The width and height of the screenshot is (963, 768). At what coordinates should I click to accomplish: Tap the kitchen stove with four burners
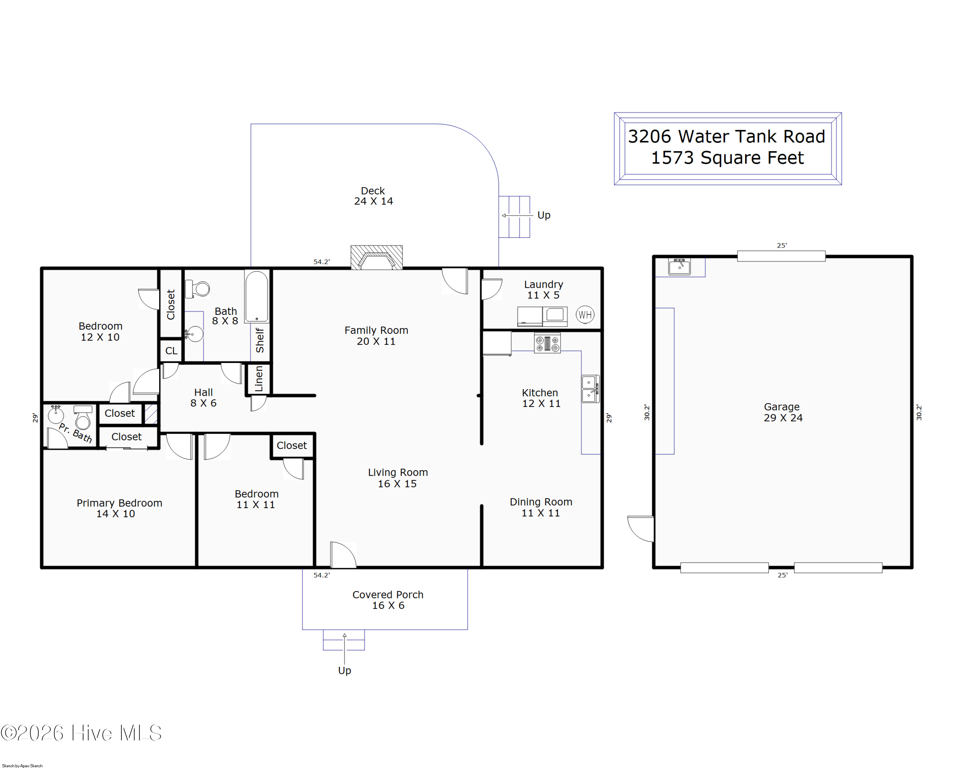coord(547,343)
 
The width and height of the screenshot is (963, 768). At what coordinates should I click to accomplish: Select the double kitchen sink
coord(590,389)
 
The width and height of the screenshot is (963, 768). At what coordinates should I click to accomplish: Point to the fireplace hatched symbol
coord(377,258)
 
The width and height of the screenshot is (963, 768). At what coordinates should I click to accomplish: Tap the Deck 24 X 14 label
coord(373,196)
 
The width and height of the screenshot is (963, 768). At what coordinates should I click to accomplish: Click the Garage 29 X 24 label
coord(783,412)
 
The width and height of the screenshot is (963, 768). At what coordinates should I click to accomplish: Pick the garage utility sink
coord(679,267)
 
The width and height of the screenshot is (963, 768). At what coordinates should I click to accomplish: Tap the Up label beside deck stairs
coord(543,215)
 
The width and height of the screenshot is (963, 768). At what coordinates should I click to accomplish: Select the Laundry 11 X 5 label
coord(543,290)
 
